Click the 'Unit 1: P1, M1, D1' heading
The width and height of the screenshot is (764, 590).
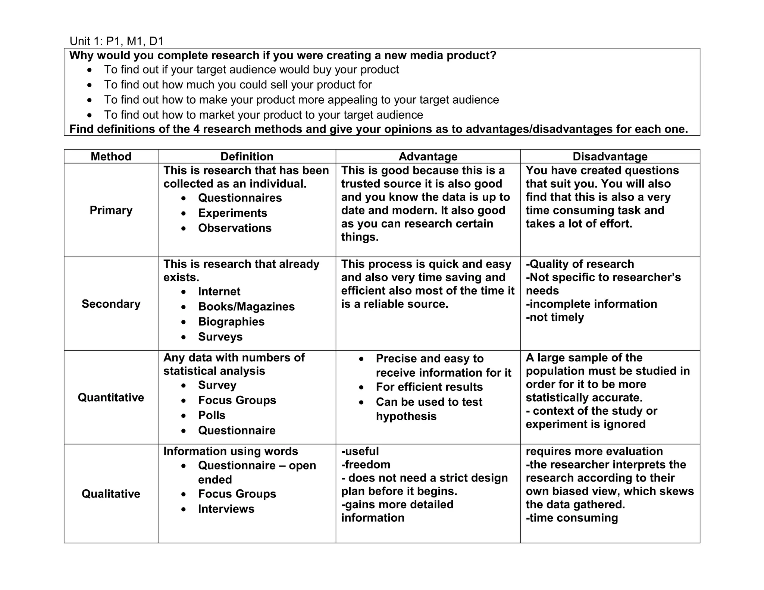116,41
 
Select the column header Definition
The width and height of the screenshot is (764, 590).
247,156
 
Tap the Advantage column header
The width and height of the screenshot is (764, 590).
428,156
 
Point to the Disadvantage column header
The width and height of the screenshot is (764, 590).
610,156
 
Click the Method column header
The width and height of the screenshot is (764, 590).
111,156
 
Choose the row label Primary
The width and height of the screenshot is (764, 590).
111,210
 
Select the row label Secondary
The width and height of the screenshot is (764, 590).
111,304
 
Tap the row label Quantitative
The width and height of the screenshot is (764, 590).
111,397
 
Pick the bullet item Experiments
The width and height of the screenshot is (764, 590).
232,213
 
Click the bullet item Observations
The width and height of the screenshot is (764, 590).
235,228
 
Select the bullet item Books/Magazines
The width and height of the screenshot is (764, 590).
246,307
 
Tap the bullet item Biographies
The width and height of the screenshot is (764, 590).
231,321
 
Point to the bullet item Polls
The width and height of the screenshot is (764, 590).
212,415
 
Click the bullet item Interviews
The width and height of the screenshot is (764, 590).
226,509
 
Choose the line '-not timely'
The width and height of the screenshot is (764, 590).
555,317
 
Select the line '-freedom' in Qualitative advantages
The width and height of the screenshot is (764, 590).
366,464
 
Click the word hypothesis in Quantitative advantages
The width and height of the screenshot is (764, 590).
406,416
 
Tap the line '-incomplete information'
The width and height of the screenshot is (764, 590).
591,304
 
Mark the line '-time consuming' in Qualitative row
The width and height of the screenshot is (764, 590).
572,518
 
